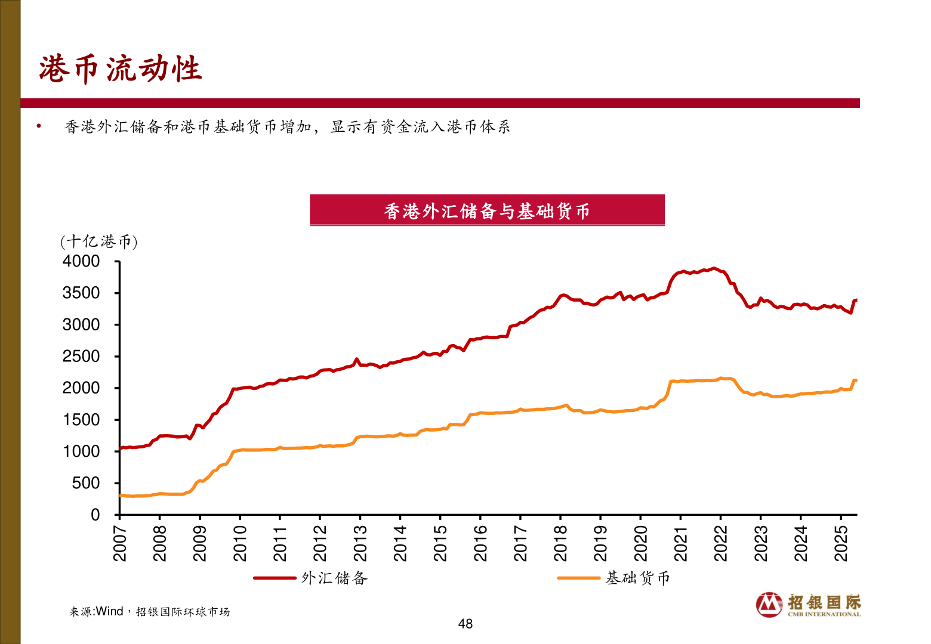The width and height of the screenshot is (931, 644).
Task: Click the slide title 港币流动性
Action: (121, 69)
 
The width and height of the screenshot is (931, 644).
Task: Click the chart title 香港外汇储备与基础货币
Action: (486, 211)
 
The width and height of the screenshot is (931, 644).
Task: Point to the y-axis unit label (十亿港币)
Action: (98, 241)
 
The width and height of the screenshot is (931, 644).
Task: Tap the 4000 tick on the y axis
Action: (81, 261)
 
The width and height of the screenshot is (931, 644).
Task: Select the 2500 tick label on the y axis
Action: (81, 357)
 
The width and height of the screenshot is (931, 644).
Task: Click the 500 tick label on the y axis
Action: (86, 483)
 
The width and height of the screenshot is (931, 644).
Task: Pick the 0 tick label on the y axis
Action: (95, 515)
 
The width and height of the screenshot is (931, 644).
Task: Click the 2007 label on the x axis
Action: (120, 543)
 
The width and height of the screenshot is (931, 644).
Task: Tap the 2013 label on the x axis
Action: (360, 543)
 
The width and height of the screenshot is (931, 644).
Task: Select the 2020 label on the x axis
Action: (641, 543)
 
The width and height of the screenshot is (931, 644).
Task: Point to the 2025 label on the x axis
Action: (841, 543)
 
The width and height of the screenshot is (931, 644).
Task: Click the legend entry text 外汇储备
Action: (334, 578)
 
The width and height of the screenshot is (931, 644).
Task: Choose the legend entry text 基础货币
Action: (637, 578)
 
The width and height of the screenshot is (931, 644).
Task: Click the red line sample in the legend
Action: (275, 578)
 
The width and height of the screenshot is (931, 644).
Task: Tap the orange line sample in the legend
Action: (578, 578)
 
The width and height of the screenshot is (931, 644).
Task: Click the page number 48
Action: (465, 624)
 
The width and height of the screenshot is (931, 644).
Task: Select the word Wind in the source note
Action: (109, 611)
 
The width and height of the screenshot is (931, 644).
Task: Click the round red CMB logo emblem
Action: (769, 605)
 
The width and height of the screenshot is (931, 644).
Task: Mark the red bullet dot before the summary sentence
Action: (39, 126)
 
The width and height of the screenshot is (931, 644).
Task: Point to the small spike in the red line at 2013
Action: (357, 360)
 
